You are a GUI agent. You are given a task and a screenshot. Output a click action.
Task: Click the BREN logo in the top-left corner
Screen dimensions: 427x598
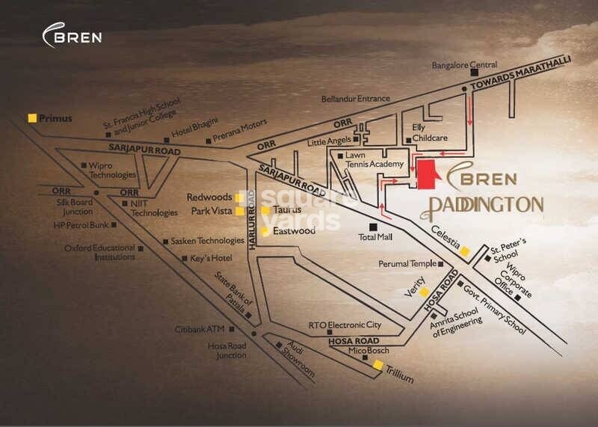(73, 35)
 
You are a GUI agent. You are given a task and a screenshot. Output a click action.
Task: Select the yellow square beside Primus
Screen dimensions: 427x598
(31, 117)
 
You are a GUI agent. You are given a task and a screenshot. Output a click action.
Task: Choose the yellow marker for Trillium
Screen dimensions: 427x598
(378, 365)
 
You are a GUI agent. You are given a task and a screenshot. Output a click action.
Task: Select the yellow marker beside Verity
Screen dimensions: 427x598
(425, 292)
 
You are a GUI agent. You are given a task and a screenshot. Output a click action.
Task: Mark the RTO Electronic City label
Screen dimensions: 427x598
(345, 325)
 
